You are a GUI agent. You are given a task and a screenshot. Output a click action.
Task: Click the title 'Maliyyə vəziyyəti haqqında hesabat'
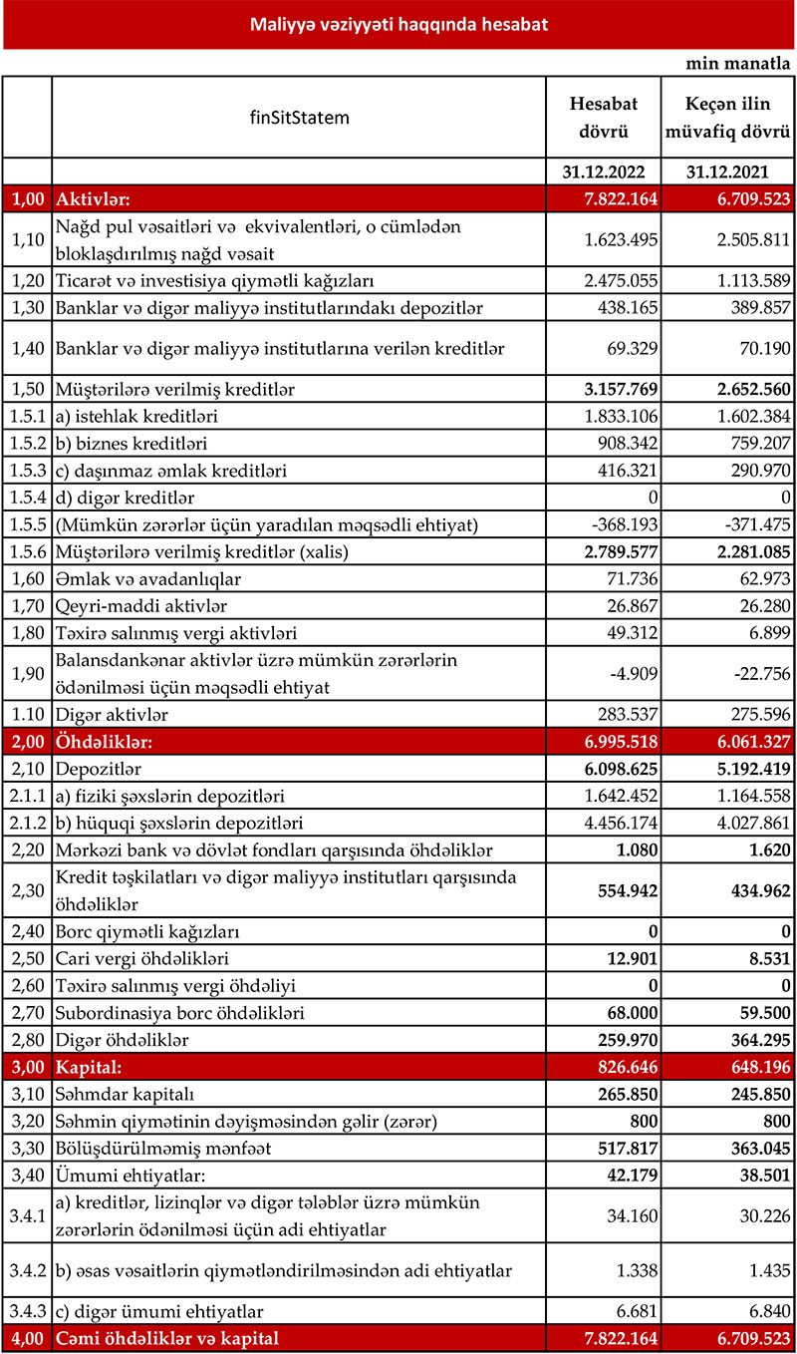[x=398, y=25]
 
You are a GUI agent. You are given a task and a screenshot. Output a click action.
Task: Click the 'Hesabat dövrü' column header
[x=603, y=117]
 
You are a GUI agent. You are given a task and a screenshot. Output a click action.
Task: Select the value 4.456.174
[x=617, y=823]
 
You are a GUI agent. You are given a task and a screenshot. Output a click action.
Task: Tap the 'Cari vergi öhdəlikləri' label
[x=143, y=959]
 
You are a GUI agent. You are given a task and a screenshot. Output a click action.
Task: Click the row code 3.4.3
[x=26, y=1309]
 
